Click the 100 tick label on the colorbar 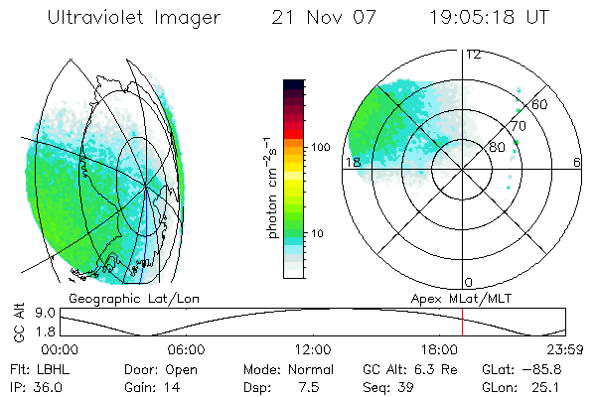[321, 147]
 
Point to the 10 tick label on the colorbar [318, 234]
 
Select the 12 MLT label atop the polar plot [474, 55]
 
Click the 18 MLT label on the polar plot [352, 163]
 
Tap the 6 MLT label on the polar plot [577, 163]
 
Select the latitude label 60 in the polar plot [540, 104]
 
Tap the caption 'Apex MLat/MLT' [454, 298]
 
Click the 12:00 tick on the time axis [312, 349]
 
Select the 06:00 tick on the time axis [186, 349]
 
